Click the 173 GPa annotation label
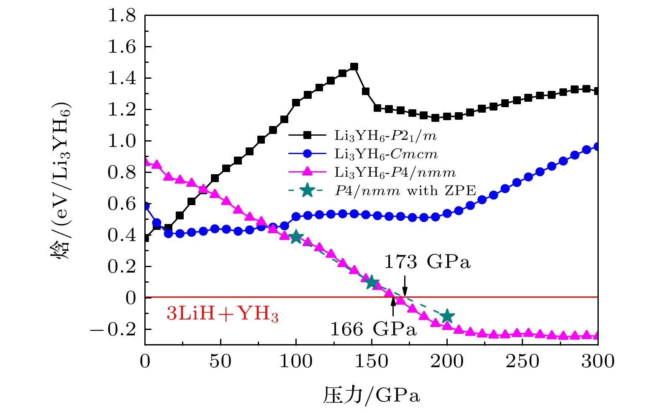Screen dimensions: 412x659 (427, 262)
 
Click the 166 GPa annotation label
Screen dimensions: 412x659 (374, 330)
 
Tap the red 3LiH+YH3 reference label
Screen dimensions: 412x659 (223, 314)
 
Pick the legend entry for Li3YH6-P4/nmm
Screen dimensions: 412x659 (395, 172)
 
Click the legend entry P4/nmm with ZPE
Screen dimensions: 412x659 (405, 191)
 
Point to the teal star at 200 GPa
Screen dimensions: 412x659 (447, 316)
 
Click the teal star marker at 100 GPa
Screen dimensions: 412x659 (296, 237)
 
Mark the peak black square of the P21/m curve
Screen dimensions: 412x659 (354, 67)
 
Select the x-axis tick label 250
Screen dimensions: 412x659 (523, 361)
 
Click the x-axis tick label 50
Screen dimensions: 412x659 (221, 361)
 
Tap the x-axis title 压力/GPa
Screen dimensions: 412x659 (371, 395)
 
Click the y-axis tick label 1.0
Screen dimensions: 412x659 (122, 141)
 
